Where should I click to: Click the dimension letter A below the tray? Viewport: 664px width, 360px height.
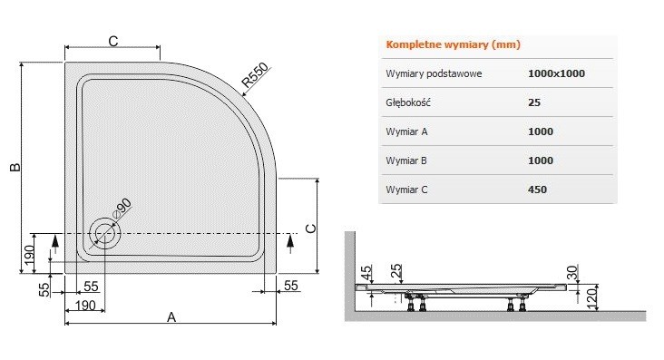pos(171,316)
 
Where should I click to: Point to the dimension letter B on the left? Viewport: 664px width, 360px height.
pos(14,168)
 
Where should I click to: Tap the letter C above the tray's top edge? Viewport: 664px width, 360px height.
pos(113,40)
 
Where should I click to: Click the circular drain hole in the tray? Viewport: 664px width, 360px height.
pos(104,234)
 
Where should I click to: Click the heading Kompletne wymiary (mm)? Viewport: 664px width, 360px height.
pos(453,44)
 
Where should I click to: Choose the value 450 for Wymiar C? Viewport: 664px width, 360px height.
pos(538,190)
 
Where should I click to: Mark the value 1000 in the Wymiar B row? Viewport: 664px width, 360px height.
pos(541,161)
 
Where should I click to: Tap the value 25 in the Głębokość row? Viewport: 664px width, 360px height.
pos(534,102)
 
